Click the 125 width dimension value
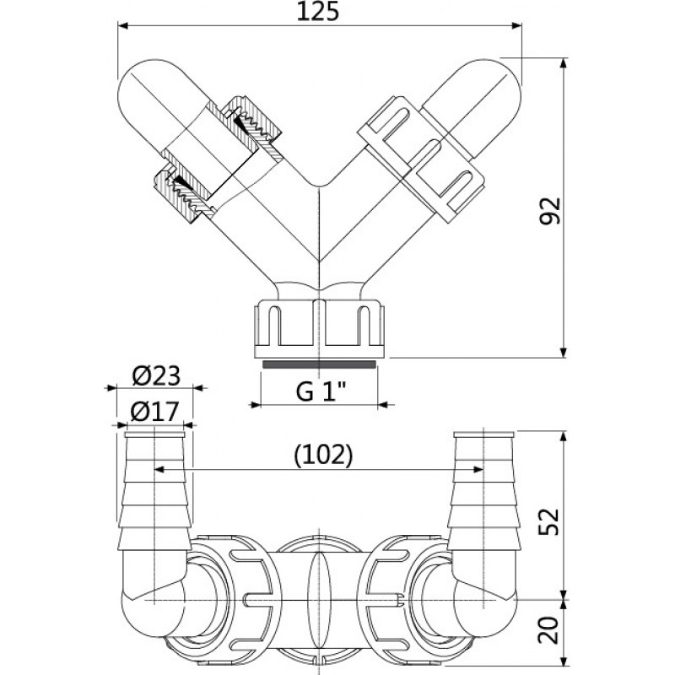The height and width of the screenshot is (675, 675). [x=318, y=12]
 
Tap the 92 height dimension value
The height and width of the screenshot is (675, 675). [x=551, y=210]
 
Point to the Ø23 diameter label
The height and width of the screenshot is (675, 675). [x=156, y=375]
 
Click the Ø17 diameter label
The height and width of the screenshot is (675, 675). [x=154, y=412]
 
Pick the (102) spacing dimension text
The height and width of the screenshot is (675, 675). [x=323, y=455]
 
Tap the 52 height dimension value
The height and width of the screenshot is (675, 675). [x=550, y=521]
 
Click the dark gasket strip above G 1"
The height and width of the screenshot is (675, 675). [x=319, y=364]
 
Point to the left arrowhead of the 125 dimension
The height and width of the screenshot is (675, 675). [x=123, y=26]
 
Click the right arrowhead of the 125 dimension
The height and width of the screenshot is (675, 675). [x=516, y=26]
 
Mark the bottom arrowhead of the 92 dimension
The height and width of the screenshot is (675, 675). [x=564, y=352]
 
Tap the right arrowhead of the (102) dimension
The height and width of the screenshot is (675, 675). [x=478, y=469]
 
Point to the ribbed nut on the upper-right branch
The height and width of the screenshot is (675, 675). [x=422, y=159]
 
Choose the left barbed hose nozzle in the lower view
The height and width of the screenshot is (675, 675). [x=154, y=491]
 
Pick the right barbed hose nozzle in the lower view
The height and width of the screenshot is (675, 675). [x=483, y=491]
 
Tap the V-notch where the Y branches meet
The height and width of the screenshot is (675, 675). [x=319, y=186]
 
